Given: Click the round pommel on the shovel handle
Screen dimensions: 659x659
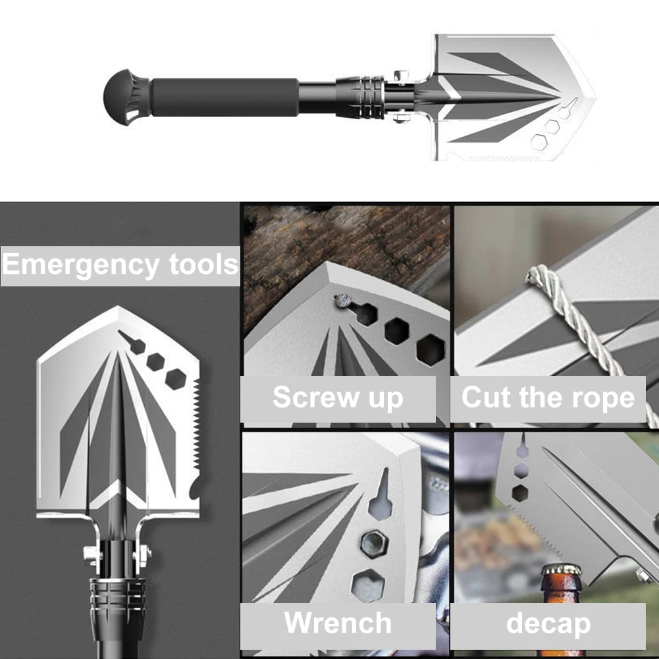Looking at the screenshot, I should pyautogui.click(x=122, y=96).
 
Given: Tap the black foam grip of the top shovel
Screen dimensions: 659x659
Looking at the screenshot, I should pyautogui.click(x=224, y=97).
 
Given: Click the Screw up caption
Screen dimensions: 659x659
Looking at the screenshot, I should pyautogui.click(x=338, y=398).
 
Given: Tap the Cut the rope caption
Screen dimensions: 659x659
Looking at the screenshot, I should pyautogui.click(x=548, y=398).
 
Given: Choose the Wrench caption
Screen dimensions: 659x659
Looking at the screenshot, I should pyautogui.click(x=338, y=623).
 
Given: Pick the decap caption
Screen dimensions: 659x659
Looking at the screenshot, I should pyautogui.click(x=548, y=623).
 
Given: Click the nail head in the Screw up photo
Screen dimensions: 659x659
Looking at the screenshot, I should pyautogui.click(x=342, y=302).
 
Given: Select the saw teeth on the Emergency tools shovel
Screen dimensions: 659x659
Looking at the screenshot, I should pyautogui.click(x=192, y=421).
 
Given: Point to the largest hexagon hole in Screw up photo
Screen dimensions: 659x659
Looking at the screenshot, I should pyautogui.click(x=431, y=349).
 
